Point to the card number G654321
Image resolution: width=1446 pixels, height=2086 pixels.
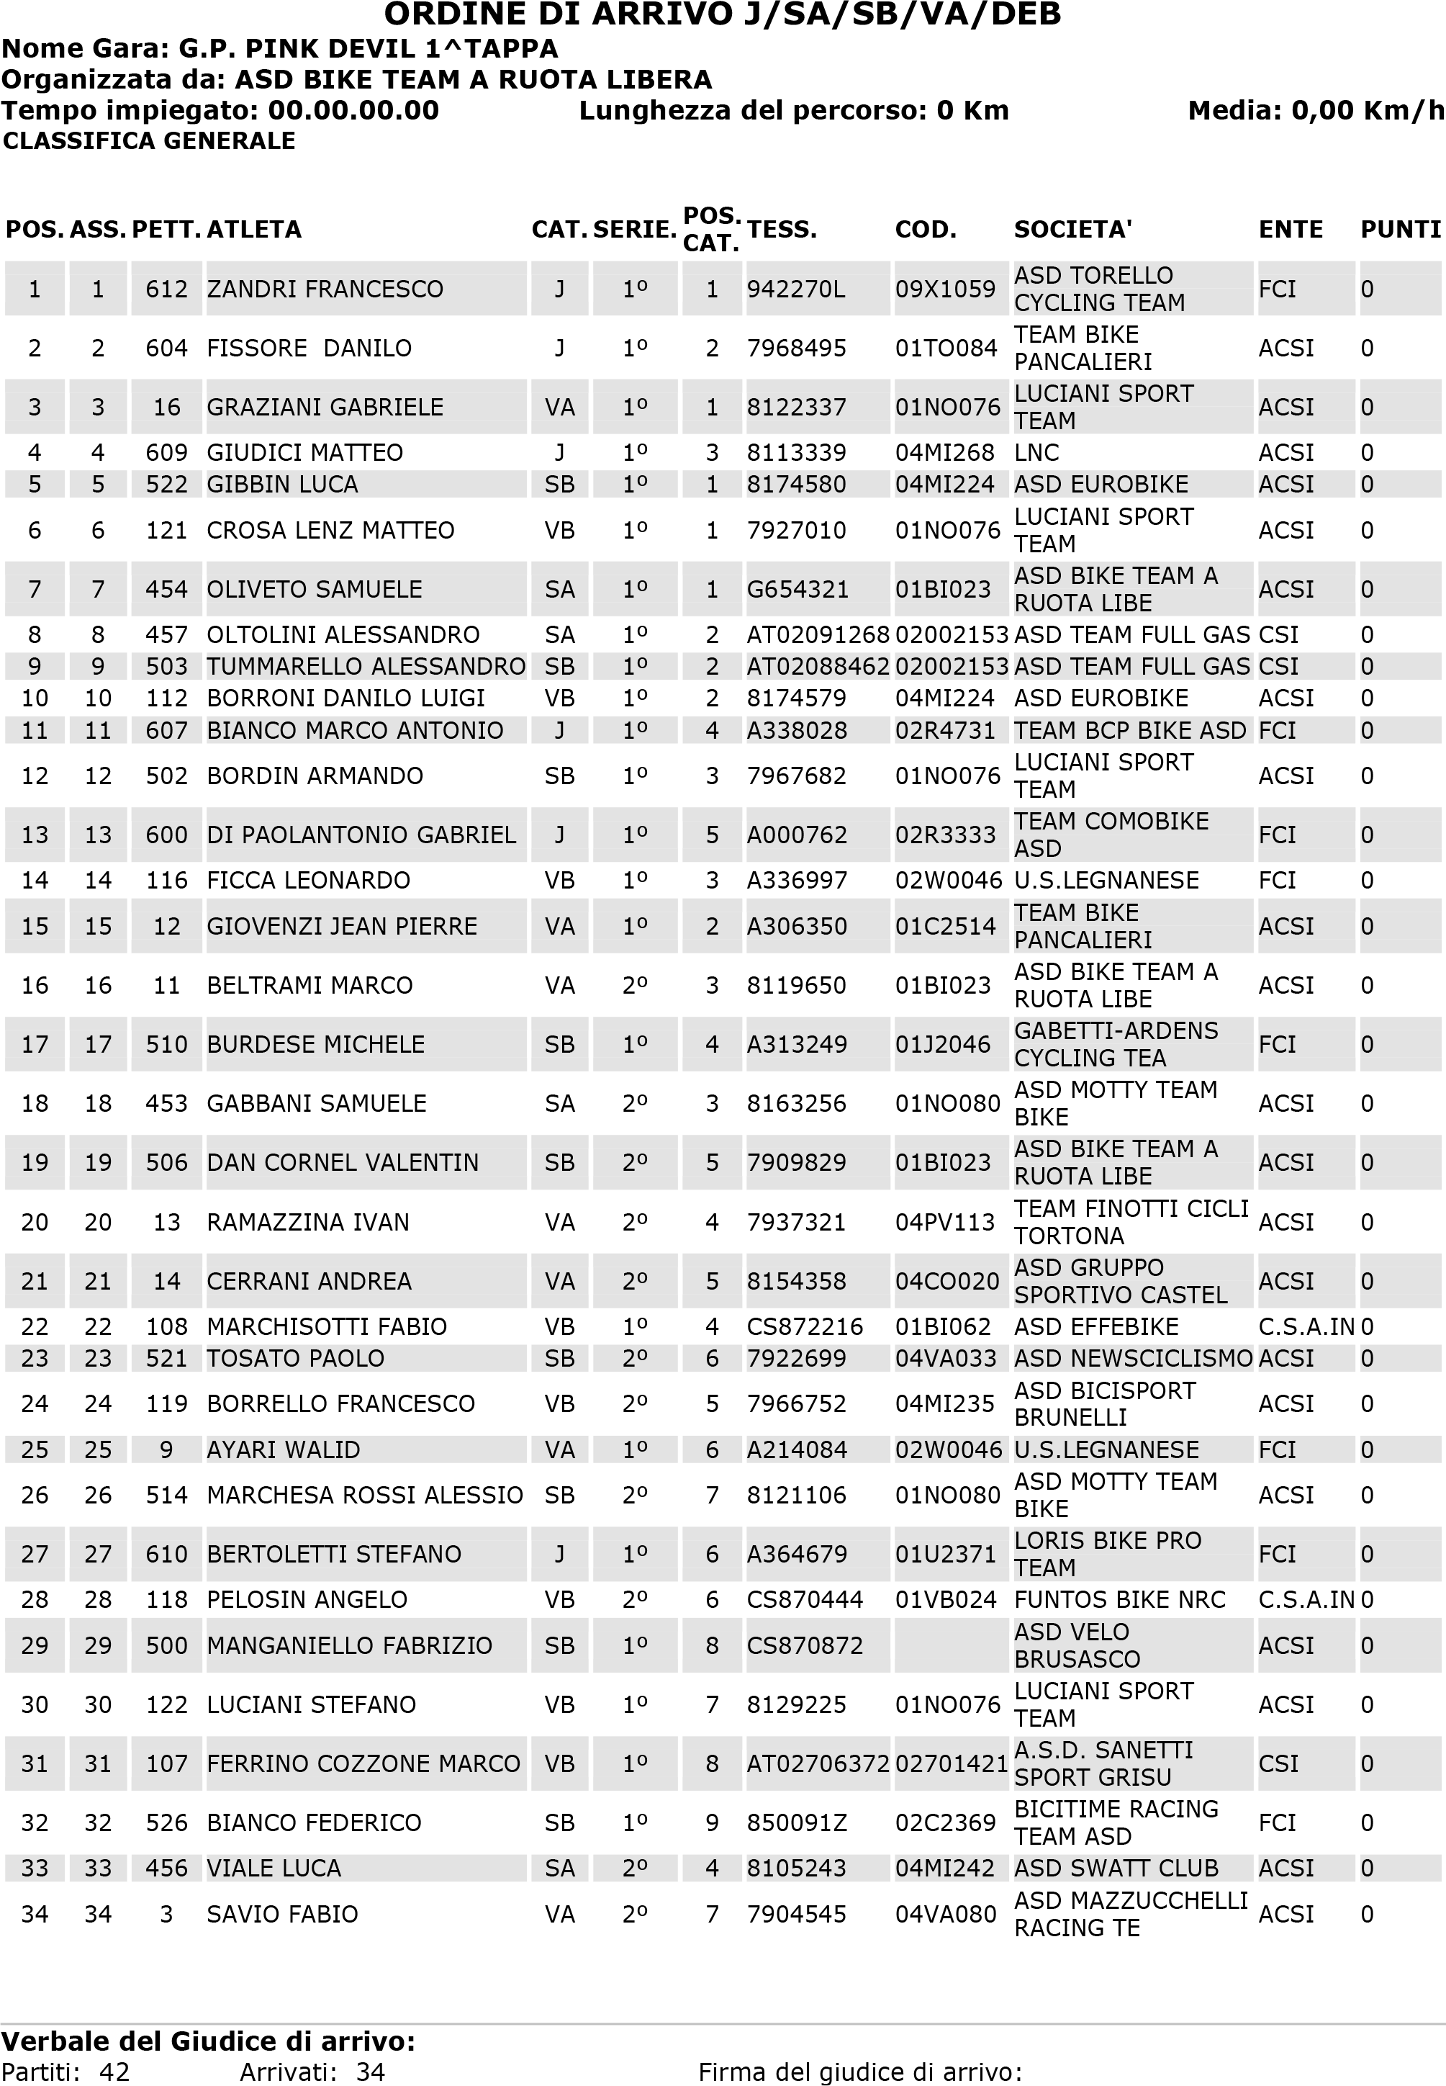[796, 589]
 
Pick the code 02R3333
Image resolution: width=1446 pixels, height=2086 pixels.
[945, 835]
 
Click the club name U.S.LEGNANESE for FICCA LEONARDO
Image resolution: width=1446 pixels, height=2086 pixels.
[1106, 880]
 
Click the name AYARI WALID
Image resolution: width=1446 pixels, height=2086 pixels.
[283, 1450]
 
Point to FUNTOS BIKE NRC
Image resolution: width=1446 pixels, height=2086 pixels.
[1119, 1599]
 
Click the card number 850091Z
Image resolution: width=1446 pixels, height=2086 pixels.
[795, 1822]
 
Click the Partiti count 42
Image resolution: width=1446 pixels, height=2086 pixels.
[114, 2072]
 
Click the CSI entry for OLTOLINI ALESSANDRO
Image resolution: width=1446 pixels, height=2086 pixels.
[1278, 634]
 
